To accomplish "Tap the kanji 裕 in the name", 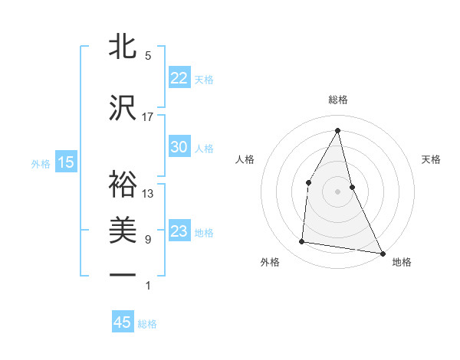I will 123,184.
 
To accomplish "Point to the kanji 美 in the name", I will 123,231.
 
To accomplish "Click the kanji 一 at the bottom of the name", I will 123,274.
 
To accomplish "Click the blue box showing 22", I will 179,77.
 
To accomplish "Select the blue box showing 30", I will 179,147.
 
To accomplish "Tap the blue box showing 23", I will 179,231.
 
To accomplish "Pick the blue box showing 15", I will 66,162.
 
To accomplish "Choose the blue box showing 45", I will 123,322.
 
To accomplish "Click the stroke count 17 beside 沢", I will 148,117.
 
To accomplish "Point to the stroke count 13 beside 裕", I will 148,194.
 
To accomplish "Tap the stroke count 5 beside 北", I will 148,56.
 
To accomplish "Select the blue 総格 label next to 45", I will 147,324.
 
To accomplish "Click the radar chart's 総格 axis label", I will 337,100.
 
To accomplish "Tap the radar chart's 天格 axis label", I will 432,159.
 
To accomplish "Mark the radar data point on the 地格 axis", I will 383,254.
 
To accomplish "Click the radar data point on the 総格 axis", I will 337,129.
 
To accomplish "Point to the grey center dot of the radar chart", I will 337,191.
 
